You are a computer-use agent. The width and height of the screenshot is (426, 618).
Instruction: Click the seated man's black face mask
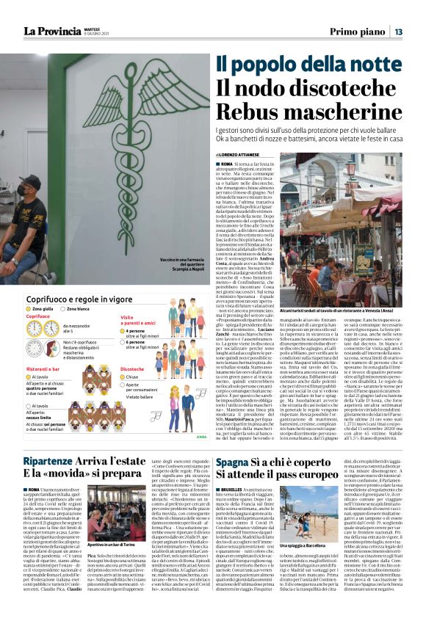coord(30,195)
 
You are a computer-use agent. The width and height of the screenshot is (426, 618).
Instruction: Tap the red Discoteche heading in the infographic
coord(133,370)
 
